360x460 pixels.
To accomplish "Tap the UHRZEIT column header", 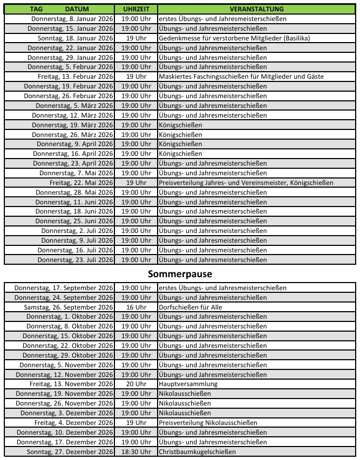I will coord(136,10).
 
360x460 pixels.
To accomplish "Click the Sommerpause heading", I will coord(180,274).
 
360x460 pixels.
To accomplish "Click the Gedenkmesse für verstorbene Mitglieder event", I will coord(227,38).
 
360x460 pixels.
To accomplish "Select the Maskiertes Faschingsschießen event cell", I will coord(241,77).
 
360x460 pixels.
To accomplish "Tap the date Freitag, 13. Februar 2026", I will coord(75,77).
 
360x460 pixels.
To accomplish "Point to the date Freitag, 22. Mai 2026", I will coord(81,183).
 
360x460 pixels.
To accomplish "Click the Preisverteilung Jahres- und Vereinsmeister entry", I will coord(246,183).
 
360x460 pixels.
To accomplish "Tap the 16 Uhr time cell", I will coord(136,307).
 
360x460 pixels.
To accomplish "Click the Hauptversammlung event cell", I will coord(188,384).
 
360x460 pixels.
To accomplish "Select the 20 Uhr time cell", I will coord(136,384).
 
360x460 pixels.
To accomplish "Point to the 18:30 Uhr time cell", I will coord(136,451).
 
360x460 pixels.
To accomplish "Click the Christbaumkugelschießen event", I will coord(198,451).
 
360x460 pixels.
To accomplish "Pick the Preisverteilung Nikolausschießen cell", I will coord(208,422).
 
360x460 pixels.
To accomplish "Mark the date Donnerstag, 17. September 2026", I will coord(64,288).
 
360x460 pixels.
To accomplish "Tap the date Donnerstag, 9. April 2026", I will coord(75,144).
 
